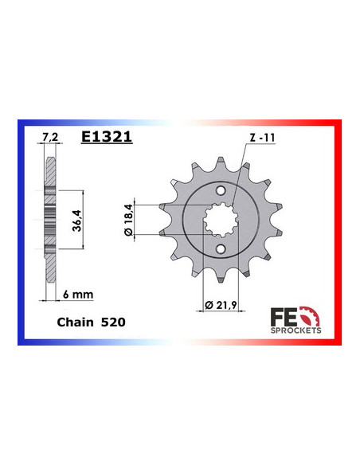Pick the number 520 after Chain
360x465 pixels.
point(112,324)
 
